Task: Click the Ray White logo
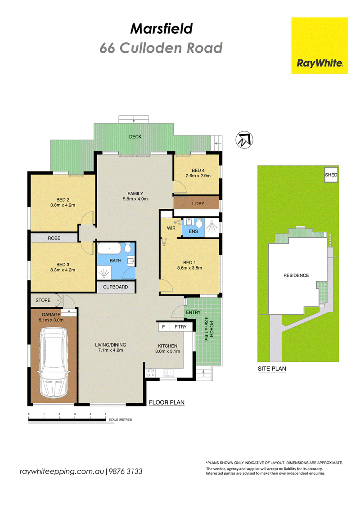(319, 45)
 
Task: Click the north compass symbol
(244, 140)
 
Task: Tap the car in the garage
(54, 362)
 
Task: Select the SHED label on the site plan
(331, 175)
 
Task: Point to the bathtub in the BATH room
(109, 249)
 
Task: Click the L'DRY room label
(198, 203)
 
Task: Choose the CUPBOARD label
(116, 287)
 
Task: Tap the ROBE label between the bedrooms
(54, 238)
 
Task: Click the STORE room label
(43, 300)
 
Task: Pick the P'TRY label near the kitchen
(180, 327)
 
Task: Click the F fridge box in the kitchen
(164, 327)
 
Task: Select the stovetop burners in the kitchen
(150, 373)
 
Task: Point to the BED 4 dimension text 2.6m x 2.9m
(198, 176)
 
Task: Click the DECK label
(135, 137)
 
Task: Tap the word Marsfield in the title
(162, 28)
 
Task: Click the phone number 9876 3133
(126, 471)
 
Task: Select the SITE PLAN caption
(272, 369)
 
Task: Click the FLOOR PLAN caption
(167, 402)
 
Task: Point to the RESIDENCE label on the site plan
(296, 275)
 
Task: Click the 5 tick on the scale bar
(105, 416)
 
